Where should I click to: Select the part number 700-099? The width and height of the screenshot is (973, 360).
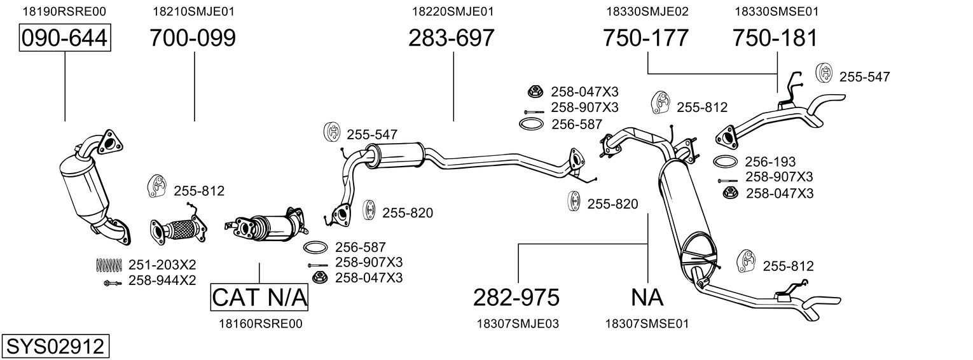coord(193,38)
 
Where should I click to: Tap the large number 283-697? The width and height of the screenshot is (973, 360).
coord(451,38)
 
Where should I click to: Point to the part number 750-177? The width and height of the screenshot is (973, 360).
coord(645,38)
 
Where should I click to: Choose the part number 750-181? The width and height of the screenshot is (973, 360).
coord(775,38)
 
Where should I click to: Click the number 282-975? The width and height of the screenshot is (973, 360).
coord(516,297)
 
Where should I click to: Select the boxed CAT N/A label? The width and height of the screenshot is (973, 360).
coord(259,297)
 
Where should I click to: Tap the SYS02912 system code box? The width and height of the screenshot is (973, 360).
coord(55,347)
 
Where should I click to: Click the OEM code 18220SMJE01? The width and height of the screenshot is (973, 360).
coord(453,11)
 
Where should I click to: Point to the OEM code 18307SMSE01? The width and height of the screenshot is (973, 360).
coord(647,324)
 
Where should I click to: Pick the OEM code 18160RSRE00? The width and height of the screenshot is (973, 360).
coord(260,324)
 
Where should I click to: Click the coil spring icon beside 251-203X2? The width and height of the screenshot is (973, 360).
coord(108,264)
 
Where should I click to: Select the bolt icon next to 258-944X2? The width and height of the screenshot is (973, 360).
coord(112,282)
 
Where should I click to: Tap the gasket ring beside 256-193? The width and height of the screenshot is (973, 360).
coord(726,162)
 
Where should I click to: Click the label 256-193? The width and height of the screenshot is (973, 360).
coord(770,162)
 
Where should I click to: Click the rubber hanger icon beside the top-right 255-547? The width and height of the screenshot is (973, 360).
coord(824,73)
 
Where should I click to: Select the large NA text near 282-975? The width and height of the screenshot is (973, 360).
coord(647,297)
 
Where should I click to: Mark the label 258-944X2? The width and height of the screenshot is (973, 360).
coord(162,280)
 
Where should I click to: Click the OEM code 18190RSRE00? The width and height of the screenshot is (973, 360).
coord(64,11)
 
